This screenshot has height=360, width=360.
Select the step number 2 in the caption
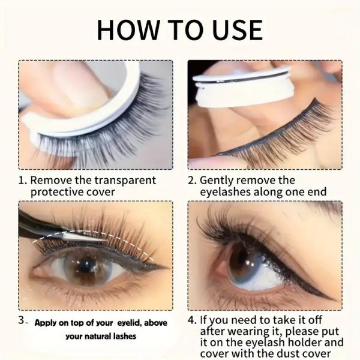point(190,180)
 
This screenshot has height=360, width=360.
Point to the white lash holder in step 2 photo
point(240,90)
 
